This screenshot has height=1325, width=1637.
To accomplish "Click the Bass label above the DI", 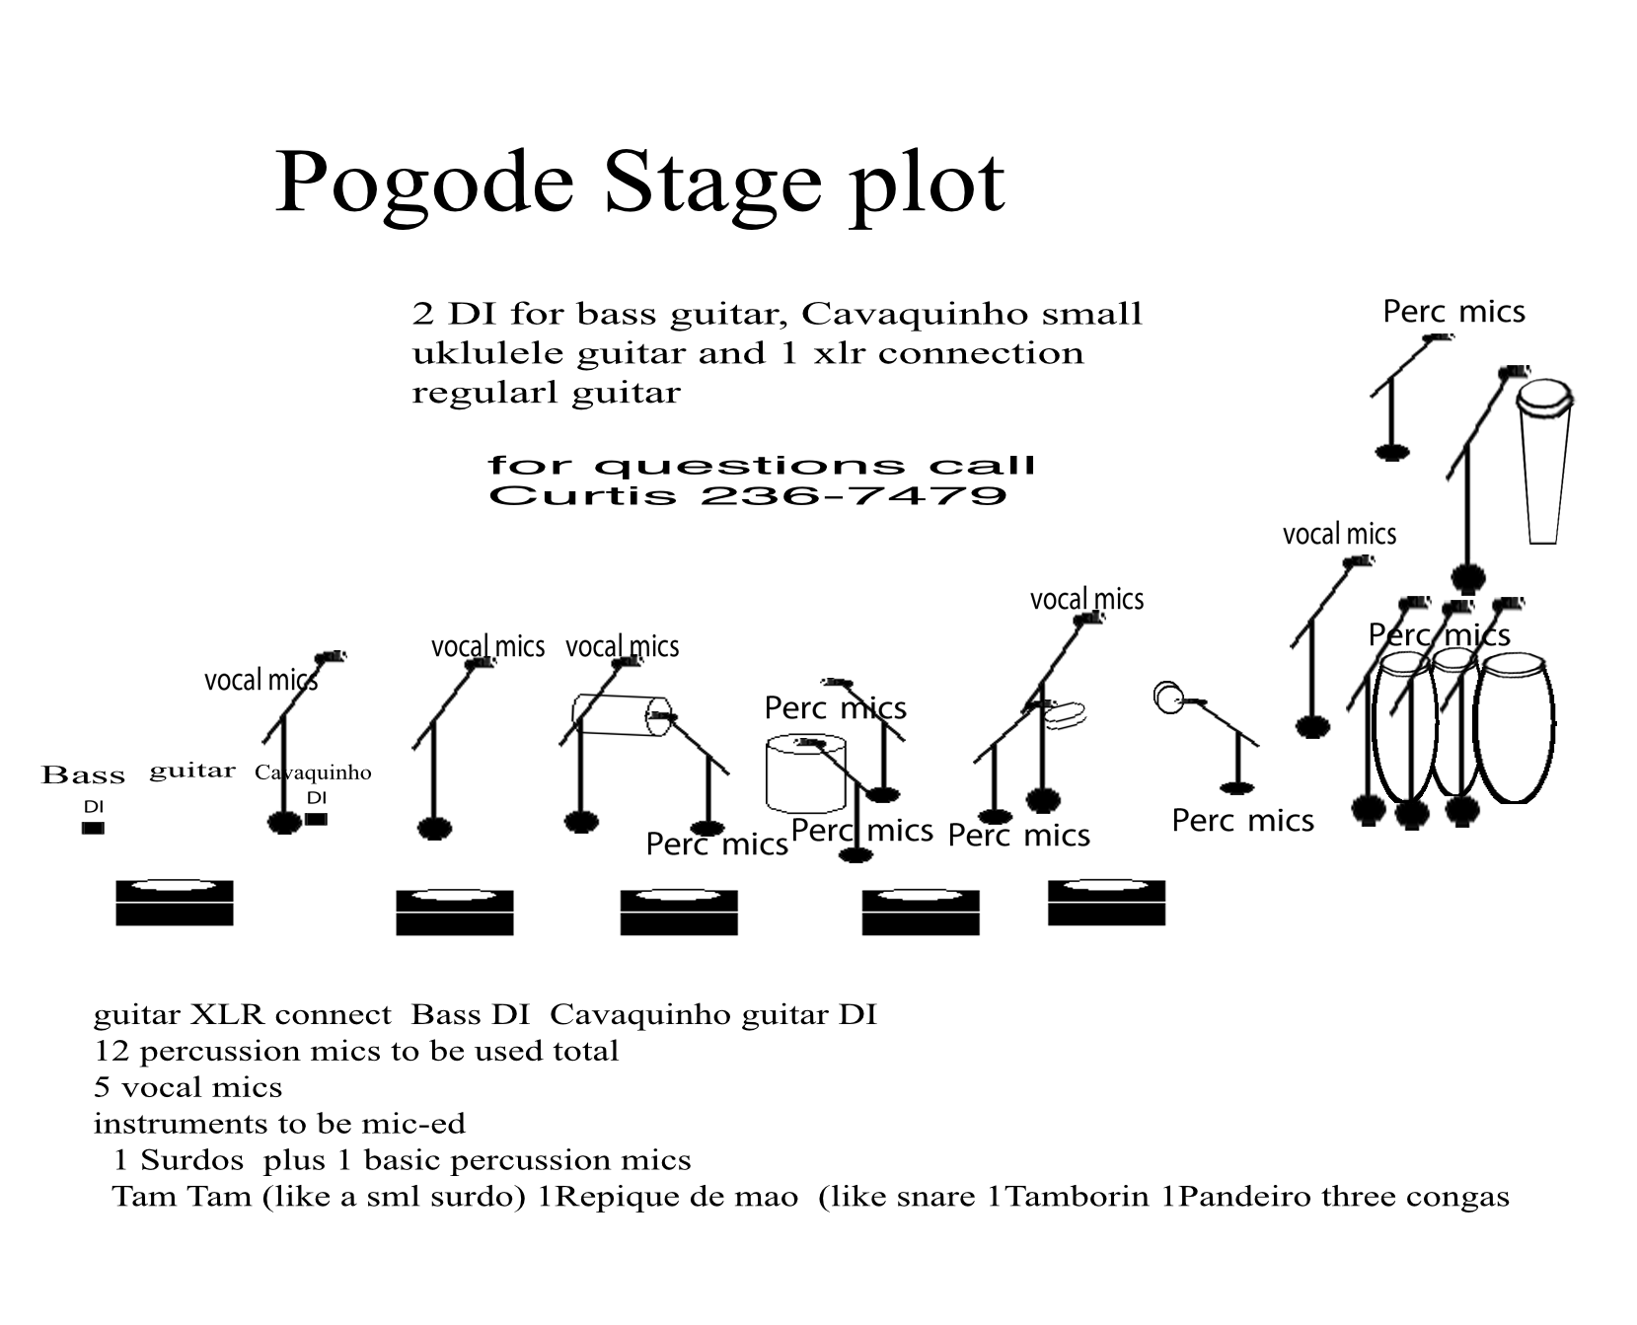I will click(x=83, y=775).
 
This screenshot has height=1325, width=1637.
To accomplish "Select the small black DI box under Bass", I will click(x=93, y=829).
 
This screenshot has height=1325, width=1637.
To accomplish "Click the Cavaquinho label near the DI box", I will click(x=313, y=773).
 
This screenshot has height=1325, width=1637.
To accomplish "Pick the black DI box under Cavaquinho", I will click(x=316, y=819).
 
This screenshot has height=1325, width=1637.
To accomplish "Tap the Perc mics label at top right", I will click(x=1453, y=312).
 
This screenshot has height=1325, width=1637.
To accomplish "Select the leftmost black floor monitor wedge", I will click(x=175, y=903).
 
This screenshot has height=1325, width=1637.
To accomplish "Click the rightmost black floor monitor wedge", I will click(x=1106, y=903).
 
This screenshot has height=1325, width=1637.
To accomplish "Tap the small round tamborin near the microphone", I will click(x=1169, y=698).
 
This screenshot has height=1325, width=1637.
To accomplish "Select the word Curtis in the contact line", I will click(x=581, y=494).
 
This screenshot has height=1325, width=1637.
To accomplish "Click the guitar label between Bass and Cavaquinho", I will click(x=192, y=771).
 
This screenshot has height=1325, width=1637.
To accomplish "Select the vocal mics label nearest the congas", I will click(x=1339, y=535).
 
